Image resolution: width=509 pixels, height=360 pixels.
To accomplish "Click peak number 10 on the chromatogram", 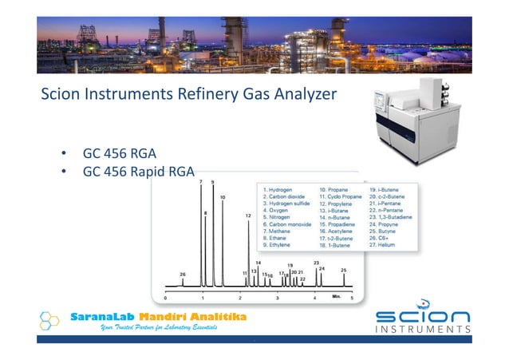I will pos(223,239).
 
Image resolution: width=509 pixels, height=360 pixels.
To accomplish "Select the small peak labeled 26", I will pos(183,280).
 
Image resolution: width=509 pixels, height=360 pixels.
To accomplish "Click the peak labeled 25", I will pos(344,278).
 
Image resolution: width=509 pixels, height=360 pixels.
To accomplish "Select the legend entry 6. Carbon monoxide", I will pos(290,225).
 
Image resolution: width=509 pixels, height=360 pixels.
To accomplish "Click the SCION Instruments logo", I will pos(422,322).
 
